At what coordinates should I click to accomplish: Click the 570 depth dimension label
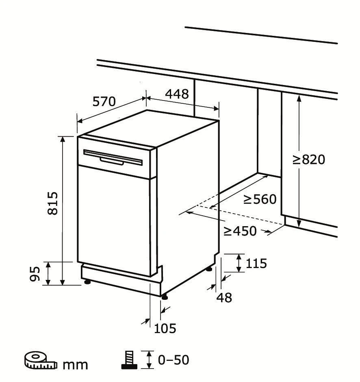(x=104, y=101)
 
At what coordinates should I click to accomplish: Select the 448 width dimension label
(x=177, y=94)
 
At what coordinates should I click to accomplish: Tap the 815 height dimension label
(x=53, y=203)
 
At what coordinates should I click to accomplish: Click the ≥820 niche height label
(x=309, y=159)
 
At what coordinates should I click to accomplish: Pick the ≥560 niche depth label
(x=260, y=199)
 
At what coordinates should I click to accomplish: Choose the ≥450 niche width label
(x=240, y=231)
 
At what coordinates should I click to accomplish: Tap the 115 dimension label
(x=256, y=263)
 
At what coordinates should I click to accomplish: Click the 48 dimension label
(x=224, y=297)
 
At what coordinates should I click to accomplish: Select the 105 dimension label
(x=165, y=328)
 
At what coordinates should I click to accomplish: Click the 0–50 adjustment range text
(x=173, y=360)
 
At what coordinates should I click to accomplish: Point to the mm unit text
(x=75, y=365)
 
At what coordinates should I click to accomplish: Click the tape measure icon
(x=40, y=360)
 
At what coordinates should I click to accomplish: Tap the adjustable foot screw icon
(x=129, y=360)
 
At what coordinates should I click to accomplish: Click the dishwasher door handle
(x=112, y=161)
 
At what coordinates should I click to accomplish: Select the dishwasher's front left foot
(x=87, y=282)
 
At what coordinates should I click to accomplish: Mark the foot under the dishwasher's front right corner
(x=164, y=297)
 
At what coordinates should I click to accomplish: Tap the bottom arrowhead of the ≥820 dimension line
(x=299, y=224)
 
